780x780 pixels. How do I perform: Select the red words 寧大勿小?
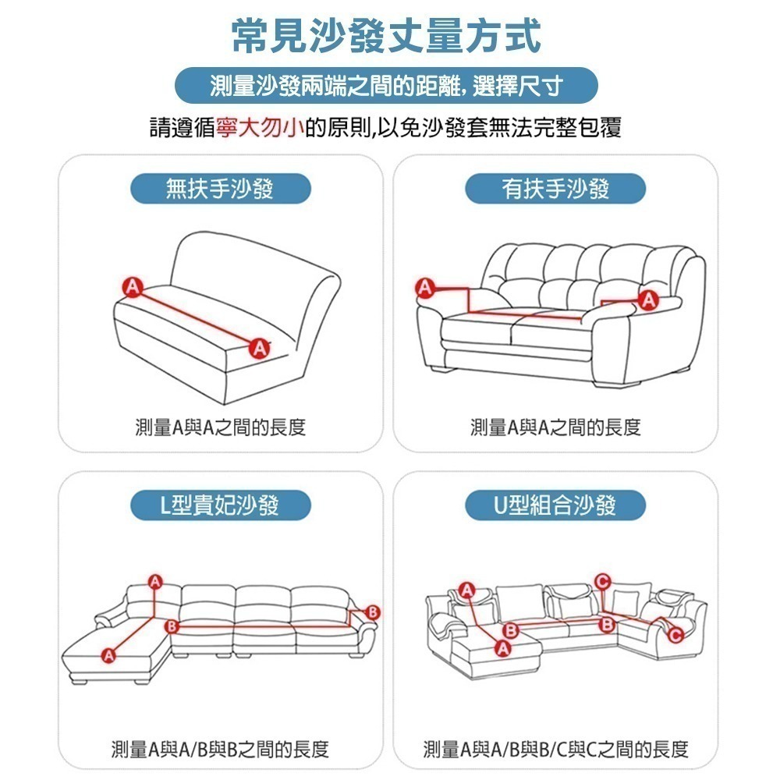click(x=261, y=128)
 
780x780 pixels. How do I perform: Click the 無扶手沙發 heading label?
click(x=220, y=189)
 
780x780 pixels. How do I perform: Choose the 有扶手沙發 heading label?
click(x=555, y=189)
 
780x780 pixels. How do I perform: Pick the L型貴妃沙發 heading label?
click(x=220, y=505)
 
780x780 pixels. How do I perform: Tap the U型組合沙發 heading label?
click(x=555, y=505)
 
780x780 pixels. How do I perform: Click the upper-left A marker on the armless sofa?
click(x=132, y=286)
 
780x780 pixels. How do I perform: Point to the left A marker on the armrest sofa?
click(x=424, y=288)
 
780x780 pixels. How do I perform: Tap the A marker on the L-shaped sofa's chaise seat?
click(x=108, y=654)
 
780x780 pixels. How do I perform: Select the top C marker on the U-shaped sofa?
click(x=601, y=580)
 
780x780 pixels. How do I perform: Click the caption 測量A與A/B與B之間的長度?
click(x=221, y=750)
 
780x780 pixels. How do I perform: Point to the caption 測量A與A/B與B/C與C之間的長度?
click(x=555, y=750)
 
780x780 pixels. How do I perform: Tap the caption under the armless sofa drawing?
click(x=221, y=427)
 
